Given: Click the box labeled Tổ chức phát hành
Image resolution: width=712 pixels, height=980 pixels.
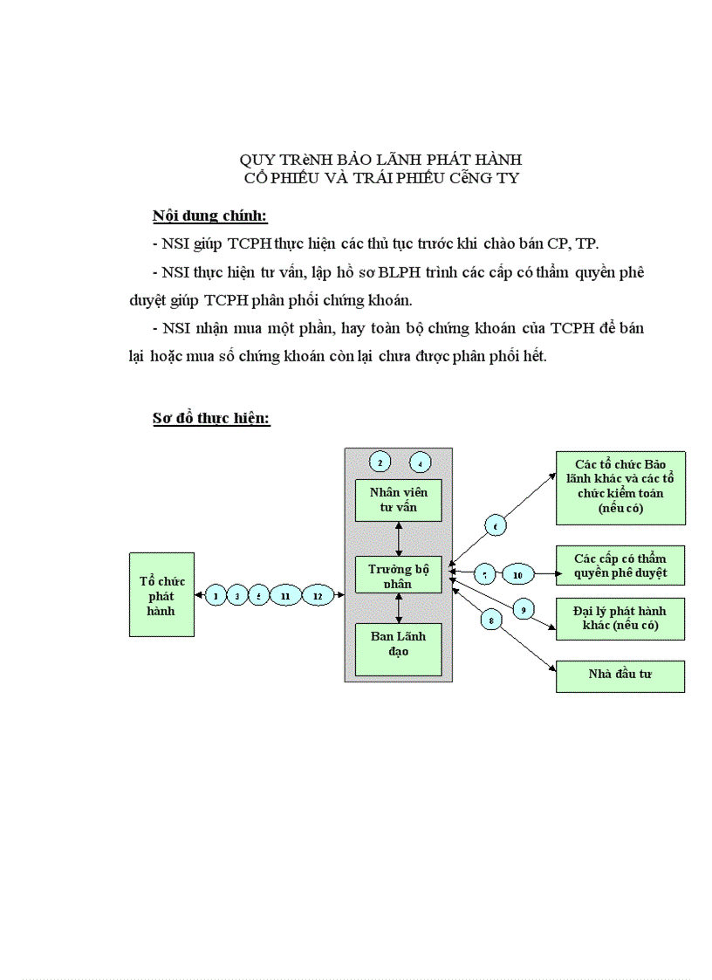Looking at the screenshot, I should point(161,594).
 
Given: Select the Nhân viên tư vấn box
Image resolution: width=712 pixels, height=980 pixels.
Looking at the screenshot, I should point(398,500).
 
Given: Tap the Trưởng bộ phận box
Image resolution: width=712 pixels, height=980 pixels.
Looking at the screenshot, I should point(398,574).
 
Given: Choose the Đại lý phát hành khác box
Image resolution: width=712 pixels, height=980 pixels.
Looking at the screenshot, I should point(620,619).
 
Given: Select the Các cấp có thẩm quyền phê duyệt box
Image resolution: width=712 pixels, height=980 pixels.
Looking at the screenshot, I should point(620,565).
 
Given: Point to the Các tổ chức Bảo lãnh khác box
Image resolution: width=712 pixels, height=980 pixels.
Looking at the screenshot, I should point(620,488).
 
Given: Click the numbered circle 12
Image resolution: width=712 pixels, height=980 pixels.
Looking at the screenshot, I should point(318,595).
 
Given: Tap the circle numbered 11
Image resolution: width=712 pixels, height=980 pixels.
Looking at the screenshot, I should point(285,595).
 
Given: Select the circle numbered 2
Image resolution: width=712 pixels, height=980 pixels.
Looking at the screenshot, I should point(380,462).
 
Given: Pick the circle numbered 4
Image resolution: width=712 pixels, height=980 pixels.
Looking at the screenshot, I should point(420,462).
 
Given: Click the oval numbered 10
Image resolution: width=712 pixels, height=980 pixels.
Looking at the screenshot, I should point(517,574).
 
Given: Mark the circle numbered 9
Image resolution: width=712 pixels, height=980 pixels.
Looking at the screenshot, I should point(523,609).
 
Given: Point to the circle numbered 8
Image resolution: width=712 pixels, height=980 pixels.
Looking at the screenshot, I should point(492,620).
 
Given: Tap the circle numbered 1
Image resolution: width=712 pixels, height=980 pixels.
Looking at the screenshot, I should point(215,595).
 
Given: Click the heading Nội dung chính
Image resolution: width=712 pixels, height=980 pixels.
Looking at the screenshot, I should point(209,216).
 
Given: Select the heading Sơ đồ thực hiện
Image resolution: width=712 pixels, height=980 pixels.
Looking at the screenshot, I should point(211,418).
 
